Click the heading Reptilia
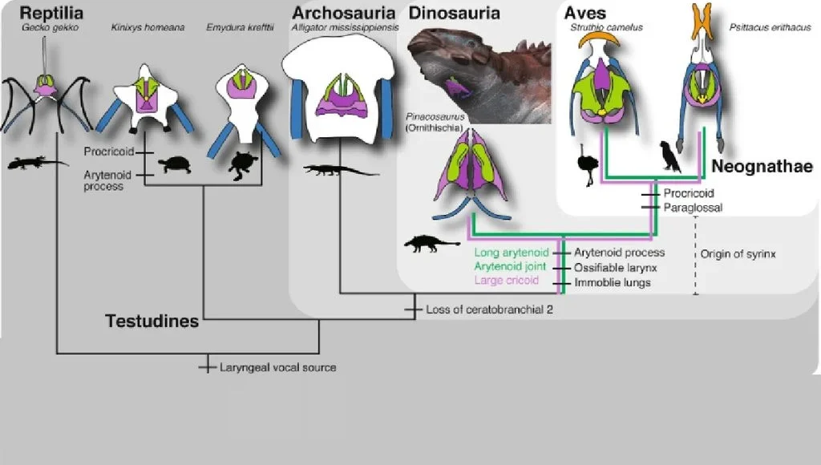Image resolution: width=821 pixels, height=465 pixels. (53, 14)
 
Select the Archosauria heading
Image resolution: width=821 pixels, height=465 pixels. (343, 14)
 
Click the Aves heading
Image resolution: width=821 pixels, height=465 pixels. (586, 14)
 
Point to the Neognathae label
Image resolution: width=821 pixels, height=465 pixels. (762, 167)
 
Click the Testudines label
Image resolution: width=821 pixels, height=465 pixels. (152, 321)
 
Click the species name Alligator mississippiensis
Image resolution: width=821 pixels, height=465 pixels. (345, 27)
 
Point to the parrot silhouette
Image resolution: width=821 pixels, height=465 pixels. (669, 157)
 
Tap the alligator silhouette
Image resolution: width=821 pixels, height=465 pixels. (340, 170)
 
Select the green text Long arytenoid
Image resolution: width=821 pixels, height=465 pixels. (510, 253)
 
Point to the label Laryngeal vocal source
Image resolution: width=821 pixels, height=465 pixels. (277, 367)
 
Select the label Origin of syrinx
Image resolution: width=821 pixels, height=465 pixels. (738, 253)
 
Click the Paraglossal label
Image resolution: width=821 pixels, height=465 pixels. (693, 207)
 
